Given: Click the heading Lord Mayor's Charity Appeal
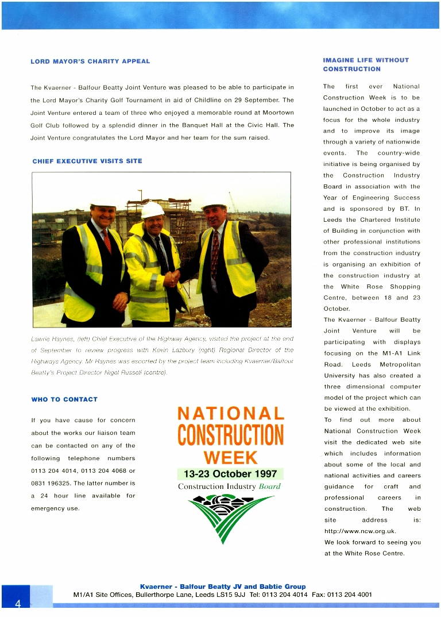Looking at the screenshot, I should pyautogui.click(x=90, y=61).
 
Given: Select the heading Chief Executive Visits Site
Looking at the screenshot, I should pyautogui.click(x=87, y=161).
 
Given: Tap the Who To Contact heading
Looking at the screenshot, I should pyautogui.click(x=64, y=399).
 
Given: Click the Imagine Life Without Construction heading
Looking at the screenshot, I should pyautogui.click(x=366, y=64).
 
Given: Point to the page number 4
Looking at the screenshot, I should pyautogui.click(x=18, y=603).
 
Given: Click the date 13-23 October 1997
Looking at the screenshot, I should pyautogui.click(x=230, y=475).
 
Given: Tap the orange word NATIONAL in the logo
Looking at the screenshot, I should pyautogui.click(x=231, y=414).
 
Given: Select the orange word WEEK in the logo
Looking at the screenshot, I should pyautogui.click(x=231, y=458).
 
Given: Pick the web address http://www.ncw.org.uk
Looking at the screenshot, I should pyautogui.click(x=360, y=531).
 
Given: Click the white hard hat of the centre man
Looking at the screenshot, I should pyautogui.click(x=153, y=210).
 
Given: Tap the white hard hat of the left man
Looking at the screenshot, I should pyautogui.click(x=103, y=199).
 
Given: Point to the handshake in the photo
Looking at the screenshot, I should pyautogui.click(x=171, y=278).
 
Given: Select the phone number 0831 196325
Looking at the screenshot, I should pyautogui.click(x=51, y=483).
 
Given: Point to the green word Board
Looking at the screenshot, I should pyautogui.click(x=270, y=487).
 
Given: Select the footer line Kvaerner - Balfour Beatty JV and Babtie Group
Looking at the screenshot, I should pyautogui.click(x=223, y=587).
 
